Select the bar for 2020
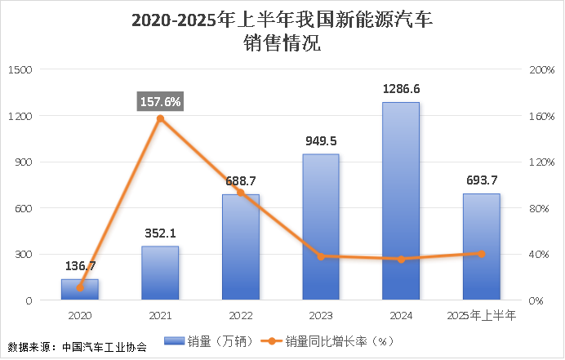pyautogui.click(x=79, y=290)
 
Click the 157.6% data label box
pyautogui.click(x=161, y=101)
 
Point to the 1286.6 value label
pyautogui.click(x=401, y=89)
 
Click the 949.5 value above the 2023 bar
pyautogui.click(x=321, y=140)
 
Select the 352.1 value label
pyautogui.click(x=160, y=233)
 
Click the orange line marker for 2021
pyautogui.click(x=160, y=119)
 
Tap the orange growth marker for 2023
pyautogui.click(x=321, y=256)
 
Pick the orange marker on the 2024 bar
pyautogui.click(x=401, y=260)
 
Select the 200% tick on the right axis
pyautogui.click(x=541, y=70)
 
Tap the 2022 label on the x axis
pyautogui.click(x=240, y=315)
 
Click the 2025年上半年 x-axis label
pyautogui.click(x=481, y=315)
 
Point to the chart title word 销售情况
pyautogui.click(x=282, y=43)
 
